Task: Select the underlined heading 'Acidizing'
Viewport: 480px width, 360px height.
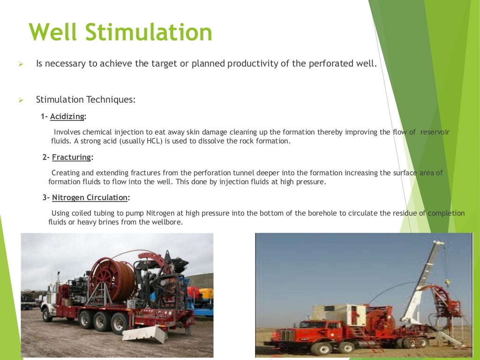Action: tap(67, 117)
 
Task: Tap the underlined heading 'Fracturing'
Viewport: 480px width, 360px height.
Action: tap(72, 157)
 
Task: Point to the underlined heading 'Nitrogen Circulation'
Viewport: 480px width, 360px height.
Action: tap(90, 197)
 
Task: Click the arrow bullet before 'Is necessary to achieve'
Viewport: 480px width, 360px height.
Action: tap(21, 64)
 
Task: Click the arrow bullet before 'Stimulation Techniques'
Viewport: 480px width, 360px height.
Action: tap(21, 100)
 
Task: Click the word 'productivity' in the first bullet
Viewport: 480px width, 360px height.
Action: tap(253, 63)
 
